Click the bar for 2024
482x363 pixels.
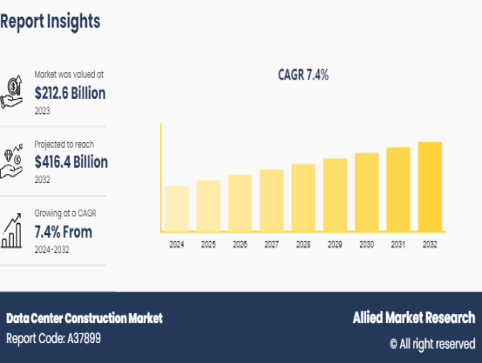click(x=177, y=209)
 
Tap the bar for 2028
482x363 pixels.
click(x=303, y=198)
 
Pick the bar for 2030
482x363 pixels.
click(x=366, y=192)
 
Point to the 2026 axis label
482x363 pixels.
click(x=239, y=243)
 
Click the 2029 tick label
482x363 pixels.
click(x=335, y=243)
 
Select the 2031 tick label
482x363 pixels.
click(x=398, y=243)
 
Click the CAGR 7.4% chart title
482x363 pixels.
click(x=303, y=75)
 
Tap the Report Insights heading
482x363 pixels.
click(x=50, y=22)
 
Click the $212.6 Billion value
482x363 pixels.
click(x=70, y=93)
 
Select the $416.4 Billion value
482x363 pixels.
click(x=71, y=161)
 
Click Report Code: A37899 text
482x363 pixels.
click(x=54, y=338)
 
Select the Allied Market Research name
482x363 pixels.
click(x=414, y=318)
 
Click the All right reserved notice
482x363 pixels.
click(x=432, y=343)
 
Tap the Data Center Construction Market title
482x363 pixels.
click(x=84, y=318)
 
